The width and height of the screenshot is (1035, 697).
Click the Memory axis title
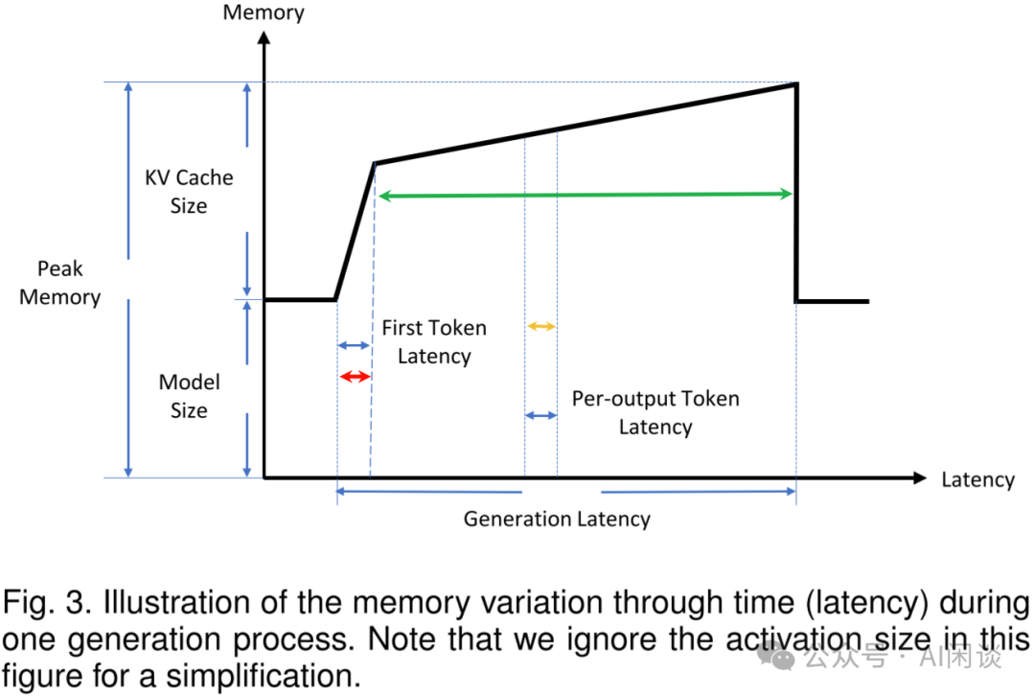coord(264,12)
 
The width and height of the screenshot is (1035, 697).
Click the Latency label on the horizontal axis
coord(977,479)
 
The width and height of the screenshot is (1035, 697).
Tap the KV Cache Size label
coord(189,191)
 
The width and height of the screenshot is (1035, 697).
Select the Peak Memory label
coord(59,283)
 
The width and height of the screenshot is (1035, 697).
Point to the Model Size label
coord(189,396)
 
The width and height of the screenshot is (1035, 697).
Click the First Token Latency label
coord(434,341)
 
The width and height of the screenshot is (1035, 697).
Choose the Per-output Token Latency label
coord(655,412)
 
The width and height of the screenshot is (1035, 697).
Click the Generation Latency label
coord(557,520)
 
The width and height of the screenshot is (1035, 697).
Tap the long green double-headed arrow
coord(585,195)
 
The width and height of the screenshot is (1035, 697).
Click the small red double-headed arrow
coord(354,377)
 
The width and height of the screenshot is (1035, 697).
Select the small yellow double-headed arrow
coord(540,326)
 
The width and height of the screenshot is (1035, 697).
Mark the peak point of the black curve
coord(796,83)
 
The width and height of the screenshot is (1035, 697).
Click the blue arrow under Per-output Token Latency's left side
coord(540,415)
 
